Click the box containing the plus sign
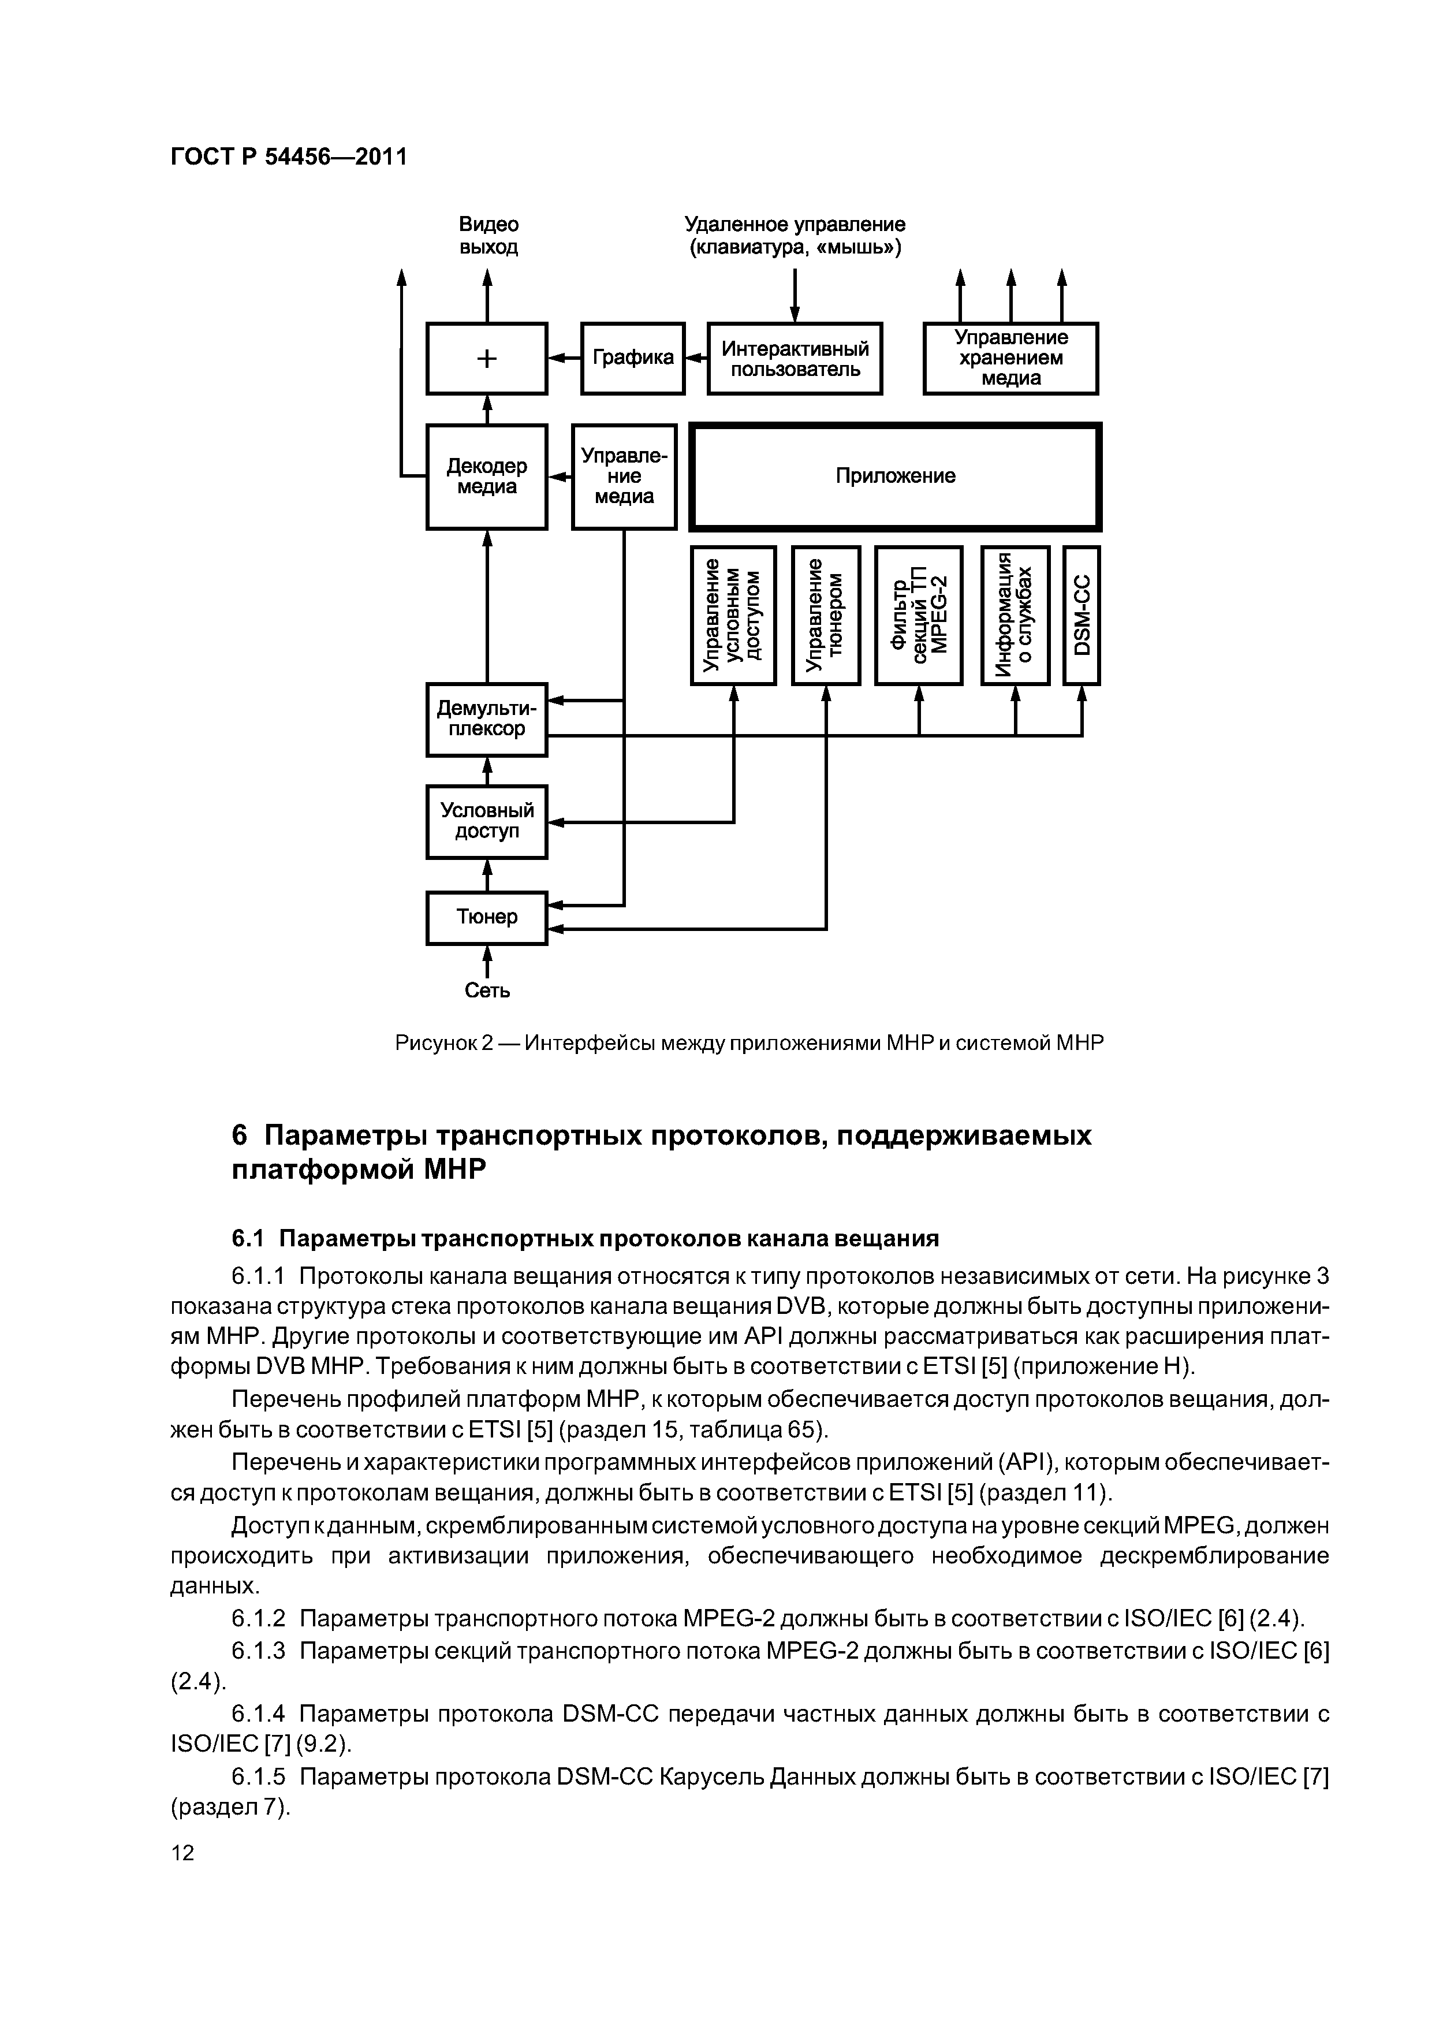pos(486,358)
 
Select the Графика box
pos(633,358)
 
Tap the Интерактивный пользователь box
pos(794,358)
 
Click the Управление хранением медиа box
pos(1010,358)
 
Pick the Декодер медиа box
pos(486,476)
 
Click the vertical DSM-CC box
pos(1082,615)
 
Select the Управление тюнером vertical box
pos(826,615)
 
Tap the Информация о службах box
pos(1015,615)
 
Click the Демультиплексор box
pos(486,719)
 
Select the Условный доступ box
pos(486,821)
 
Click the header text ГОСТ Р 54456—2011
pos(289,157)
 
